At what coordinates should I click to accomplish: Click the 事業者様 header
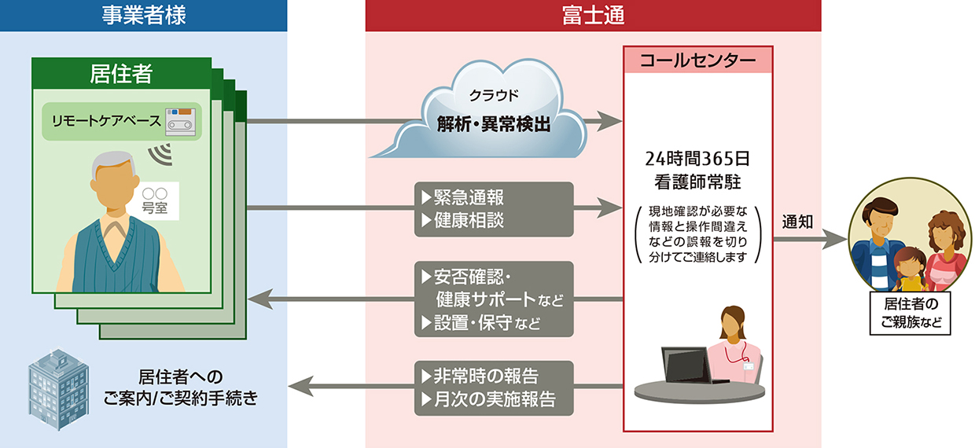[143, 16]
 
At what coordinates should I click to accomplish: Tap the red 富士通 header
[593, 16]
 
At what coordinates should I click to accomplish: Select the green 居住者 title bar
[121, 74]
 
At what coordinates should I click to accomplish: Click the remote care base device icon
[178, 120]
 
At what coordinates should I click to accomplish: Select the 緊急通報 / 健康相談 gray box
[493, 207]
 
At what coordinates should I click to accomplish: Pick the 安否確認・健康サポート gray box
[493, 299]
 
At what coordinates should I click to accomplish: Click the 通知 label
[797, 222]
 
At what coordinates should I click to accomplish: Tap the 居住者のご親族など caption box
[910, 313]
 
